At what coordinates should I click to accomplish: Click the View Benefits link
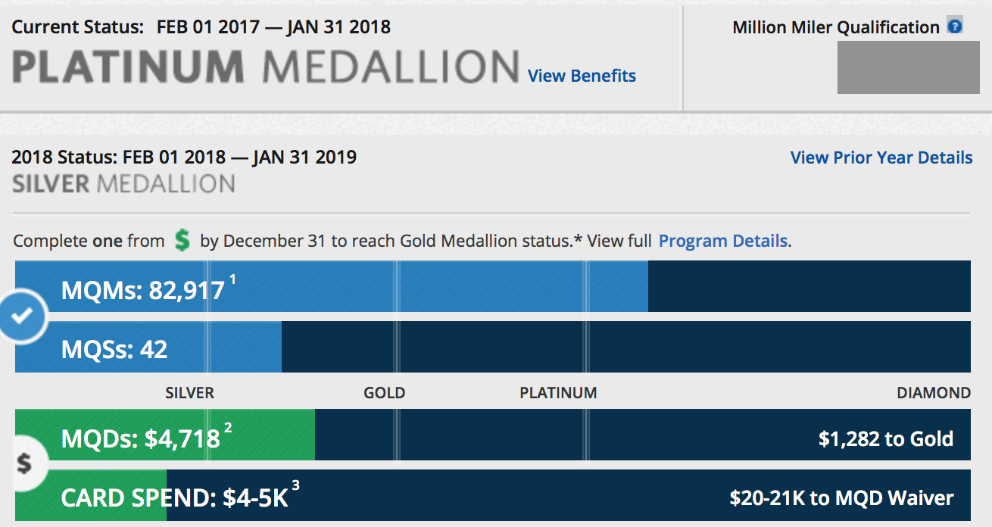582,76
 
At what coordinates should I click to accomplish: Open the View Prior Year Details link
881,157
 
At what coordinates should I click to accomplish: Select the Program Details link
723,241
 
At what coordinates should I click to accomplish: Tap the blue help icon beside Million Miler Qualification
955,27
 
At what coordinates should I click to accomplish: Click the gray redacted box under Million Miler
908,67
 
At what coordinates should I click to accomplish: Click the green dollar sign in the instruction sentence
182,241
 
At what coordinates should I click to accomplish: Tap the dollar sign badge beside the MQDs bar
24,463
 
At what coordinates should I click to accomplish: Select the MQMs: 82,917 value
143,290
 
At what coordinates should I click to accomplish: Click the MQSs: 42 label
114,349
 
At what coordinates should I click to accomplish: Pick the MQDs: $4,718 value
141,438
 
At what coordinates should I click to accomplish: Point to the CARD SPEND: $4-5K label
174,497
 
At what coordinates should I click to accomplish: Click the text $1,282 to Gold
885,438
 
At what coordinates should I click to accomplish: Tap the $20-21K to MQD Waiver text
841,497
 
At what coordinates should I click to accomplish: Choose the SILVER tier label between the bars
189,393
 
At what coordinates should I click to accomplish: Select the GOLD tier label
384,393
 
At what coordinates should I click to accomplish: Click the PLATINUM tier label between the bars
558,393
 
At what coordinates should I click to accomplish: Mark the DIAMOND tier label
933,393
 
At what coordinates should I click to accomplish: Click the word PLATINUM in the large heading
128,67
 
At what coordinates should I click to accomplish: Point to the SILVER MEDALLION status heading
123,183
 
